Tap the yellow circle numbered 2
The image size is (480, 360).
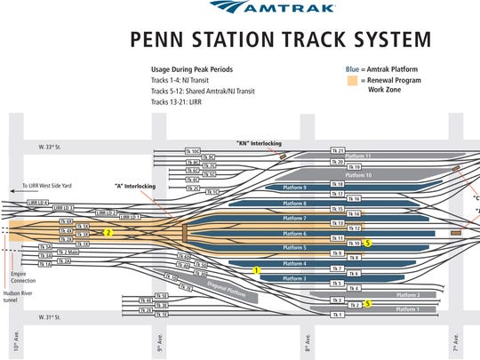[108, 232]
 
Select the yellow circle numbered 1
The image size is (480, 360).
[256, 270]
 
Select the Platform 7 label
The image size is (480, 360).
[293, 218]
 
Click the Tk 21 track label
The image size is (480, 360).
[337, 150]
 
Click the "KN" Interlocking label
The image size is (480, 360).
[253, 142]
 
